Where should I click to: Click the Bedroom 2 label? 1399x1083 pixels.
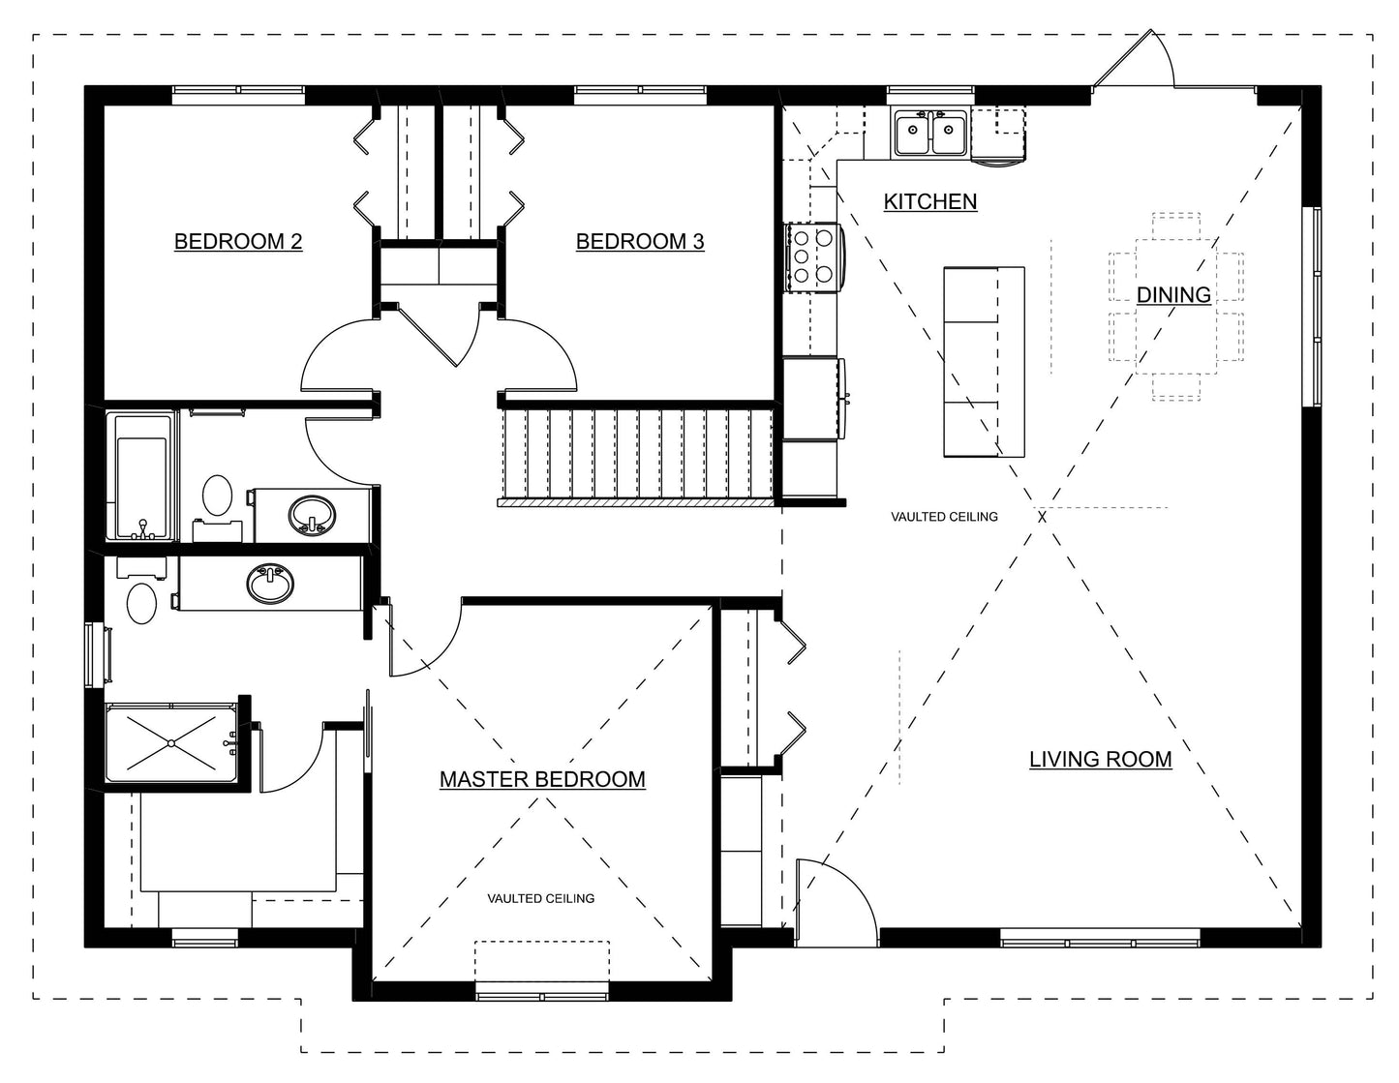[238, 241]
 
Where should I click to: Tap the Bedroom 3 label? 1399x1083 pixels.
[640, 241]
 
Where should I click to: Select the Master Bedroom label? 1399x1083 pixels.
[542, 779]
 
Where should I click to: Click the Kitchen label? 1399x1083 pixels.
[930, 201]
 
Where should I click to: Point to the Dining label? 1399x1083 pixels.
[1173, 294]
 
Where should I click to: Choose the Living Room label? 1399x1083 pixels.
[1100, 760]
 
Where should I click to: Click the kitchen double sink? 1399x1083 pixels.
[929, 133]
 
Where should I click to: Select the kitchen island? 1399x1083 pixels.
[984, 361]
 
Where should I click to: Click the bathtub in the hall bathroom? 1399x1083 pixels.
[142, 476]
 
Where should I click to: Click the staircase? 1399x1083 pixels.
[637, 455]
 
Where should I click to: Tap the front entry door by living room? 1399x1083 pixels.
[833, 895]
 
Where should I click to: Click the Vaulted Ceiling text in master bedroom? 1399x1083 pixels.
[540, 898]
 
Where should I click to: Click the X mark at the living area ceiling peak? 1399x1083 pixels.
[1042, 517]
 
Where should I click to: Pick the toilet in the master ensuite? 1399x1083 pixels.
[141, 602]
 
